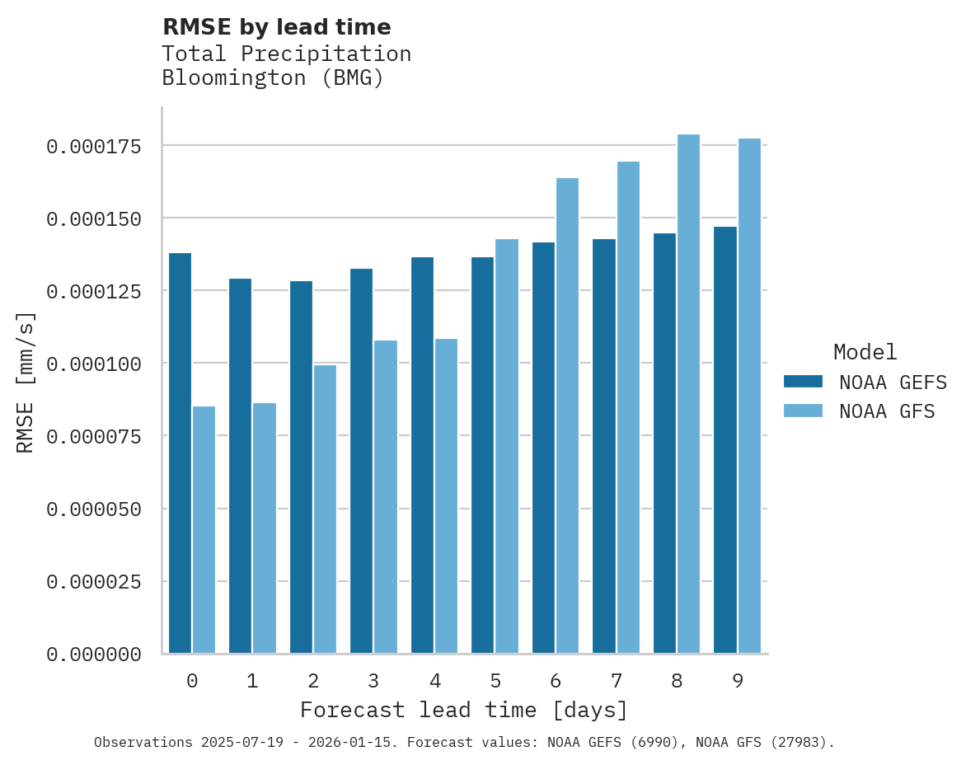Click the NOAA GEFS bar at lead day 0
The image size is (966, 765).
tap(180, 453)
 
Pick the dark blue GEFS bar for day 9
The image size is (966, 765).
tap(725, 440)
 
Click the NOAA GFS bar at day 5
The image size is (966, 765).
tap(507, 446)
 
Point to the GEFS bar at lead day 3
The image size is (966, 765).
tap(361, 461)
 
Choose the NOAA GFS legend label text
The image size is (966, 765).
tap(887, 411)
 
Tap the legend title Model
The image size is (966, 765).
tap(865, 352)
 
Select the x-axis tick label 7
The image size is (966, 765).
tap(616, 681)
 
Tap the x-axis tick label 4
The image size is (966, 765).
tap(434, 681)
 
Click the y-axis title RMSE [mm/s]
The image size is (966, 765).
tap(26, 382)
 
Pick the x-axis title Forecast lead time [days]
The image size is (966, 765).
tap(463, 710)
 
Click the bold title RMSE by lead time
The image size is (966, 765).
tap(276, 27)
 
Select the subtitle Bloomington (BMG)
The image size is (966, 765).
tap(273, 78)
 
